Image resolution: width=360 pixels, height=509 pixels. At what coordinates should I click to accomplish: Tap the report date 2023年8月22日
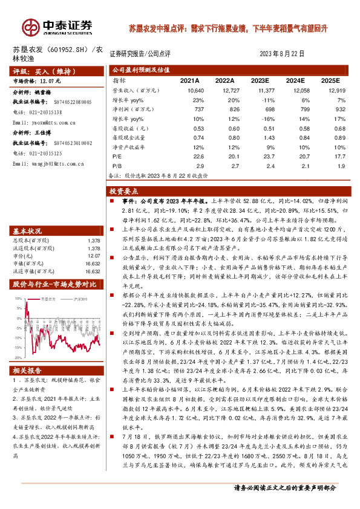pyautogui.click(x=281, y=53)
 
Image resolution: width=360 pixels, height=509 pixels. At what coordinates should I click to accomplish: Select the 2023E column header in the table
pyautogui.click(x=259, y=80)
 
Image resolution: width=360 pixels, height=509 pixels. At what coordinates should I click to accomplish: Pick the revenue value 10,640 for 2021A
pyautogui.click(x=188, y=90)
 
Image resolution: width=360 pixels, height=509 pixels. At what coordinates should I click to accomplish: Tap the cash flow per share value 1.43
pyautogui.click(x=261, y=139)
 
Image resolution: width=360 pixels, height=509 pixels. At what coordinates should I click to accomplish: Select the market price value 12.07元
pyautogui.click(x=53, y=80)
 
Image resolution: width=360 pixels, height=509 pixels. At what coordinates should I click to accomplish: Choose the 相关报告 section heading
pyautogui.click(x=28, y=370)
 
